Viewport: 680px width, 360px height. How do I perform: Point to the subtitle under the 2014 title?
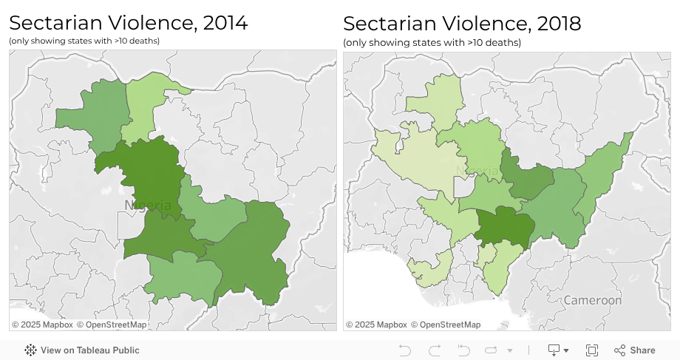(84, 41)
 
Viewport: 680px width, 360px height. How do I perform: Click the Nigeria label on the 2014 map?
(148, 205)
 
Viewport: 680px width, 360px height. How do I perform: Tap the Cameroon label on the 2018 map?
(592, 301)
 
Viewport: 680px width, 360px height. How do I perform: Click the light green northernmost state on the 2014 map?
(152, 103)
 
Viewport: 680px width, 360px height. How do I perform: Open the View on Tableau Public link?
(89, 350)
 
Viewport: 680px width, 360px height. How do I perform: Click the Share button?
(635, 350)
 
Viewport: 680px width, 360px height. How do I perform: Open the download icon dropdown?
(558, 350)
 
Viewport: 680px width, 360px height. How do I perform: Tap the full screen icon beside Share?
(592, 350)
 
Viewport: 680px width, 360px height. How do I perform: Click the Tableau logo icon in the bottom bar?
(31, 350)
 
